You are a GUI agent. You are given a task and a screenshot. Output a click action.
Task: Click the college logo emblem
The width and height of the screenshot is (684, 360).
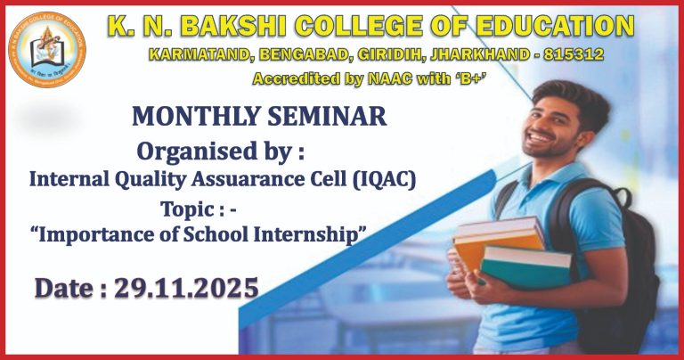pyautogui.click(x=47, y=51)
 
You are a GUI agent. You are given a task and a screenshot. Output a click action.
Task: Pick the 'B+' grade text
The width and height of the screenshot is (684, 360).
pyautogui.click(x=477, y=79)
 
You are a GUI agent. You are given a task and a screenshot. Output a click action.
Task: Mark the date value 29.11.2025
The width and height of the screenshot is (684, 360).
pyautogui.click(x=186, y=288)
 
